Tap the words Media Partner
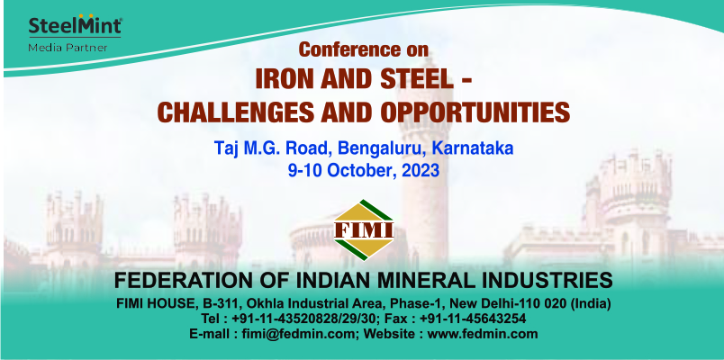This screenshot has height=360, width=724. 68,48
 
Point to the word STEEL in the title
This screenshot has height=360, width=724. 412,79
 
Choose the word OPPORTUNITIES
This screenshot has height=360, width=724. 482,112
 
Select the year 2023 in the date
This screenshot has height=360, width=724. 421,171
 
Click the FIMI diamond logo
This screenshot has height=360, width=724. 364,229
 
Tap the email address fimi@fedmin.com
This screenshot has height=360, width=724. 298,334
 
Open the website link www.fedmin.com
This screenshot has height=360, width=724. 483,334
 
